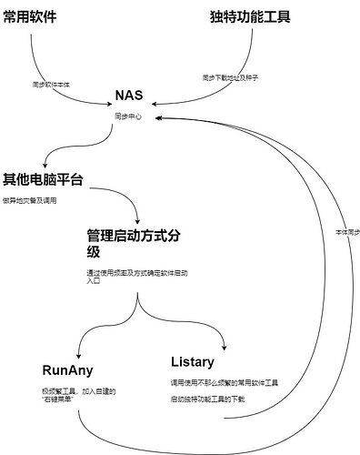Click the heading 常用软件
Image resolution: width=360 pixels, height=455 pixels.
pos(37,15)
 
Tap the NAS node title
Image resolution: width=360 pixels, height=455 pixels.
pos(130,96)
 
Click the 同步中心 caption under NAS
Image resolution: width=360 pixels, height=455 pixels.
pos(129,117)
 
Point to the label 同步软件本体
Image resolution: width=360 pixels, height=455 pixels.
pos(53,83)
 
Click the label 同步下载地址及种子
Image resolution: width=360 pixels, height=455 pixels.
pos(229,78)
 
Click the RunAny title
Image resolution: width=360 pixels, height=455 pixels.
pos(67,370)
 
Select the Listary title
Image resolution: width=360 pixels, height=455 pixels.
pos(193,361)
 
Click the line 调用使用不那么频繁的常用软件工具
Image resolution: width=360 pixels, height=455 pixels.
pos(224,382)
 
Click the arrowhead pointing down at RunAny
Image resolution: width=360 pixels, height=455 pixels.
pos(80,355)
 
